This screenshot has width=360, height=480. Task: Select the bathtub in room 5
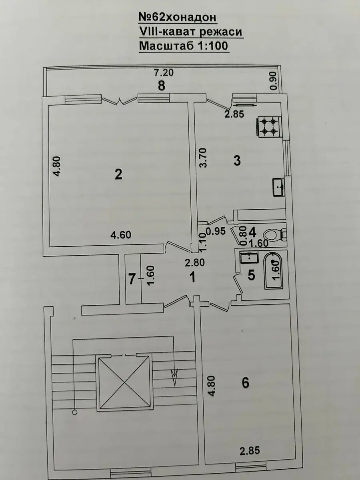(274, 271)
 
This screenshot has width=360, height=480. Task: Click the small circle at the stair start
(74, 412)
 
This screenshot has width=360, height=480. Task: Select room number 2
(118, 175)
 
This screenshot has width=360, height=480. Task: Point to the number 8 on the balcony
(162, 86)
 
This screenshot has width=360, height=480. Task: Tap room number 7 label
(132, 279)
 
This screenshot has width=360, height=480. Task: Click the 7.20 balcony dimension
(164, 73)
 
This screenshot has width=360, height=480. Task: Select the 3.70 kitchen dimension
(203, 158)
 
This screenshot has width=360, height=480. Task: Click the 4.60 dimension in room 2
(121, 235)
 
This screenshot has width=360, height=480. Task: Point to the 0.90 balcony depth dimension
(274, 81)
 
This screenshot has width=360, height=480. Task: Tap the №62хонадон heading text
(178, 18)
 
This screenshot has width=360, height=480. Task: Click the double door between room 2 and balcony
(120, 101)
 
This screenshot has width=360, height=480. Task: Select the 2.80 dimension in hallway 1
(195, 263)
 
